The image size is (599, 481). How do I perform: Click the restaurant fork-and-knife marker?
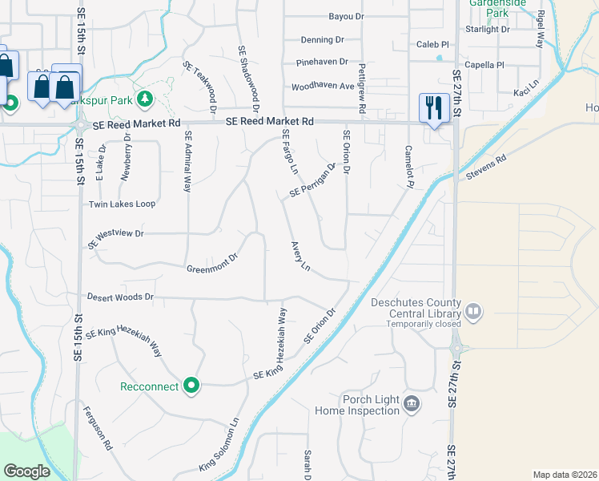[x=433, y=107]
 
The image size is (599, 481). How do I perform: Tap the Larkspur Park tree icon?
[x=145, y=99]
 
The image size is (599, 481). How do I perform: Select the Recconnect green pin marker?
[x=191, y=386]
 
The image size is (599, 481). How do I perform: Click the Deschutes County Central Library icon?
[x=473, y=310]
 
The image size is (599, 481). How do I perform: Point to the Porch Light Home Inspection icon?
[x=412, y=402]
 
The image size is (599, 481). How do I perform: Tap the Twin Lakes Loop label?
[x=122, y=204]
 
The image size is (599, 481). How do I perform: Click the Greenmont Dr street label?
[x=212, y=264]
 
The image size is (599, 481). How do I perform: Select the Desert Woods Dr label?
[x=120, y=297]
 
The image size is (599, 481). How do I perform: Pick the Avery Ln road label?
[x=300, y=256]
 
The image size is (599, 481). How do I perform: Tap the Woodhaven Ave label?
[x=323, y=86]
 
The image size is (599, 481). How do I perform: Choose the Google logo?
[x=27, y=471]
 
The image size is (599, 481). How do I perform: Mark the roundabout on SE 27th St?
[x=457, y=349]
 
